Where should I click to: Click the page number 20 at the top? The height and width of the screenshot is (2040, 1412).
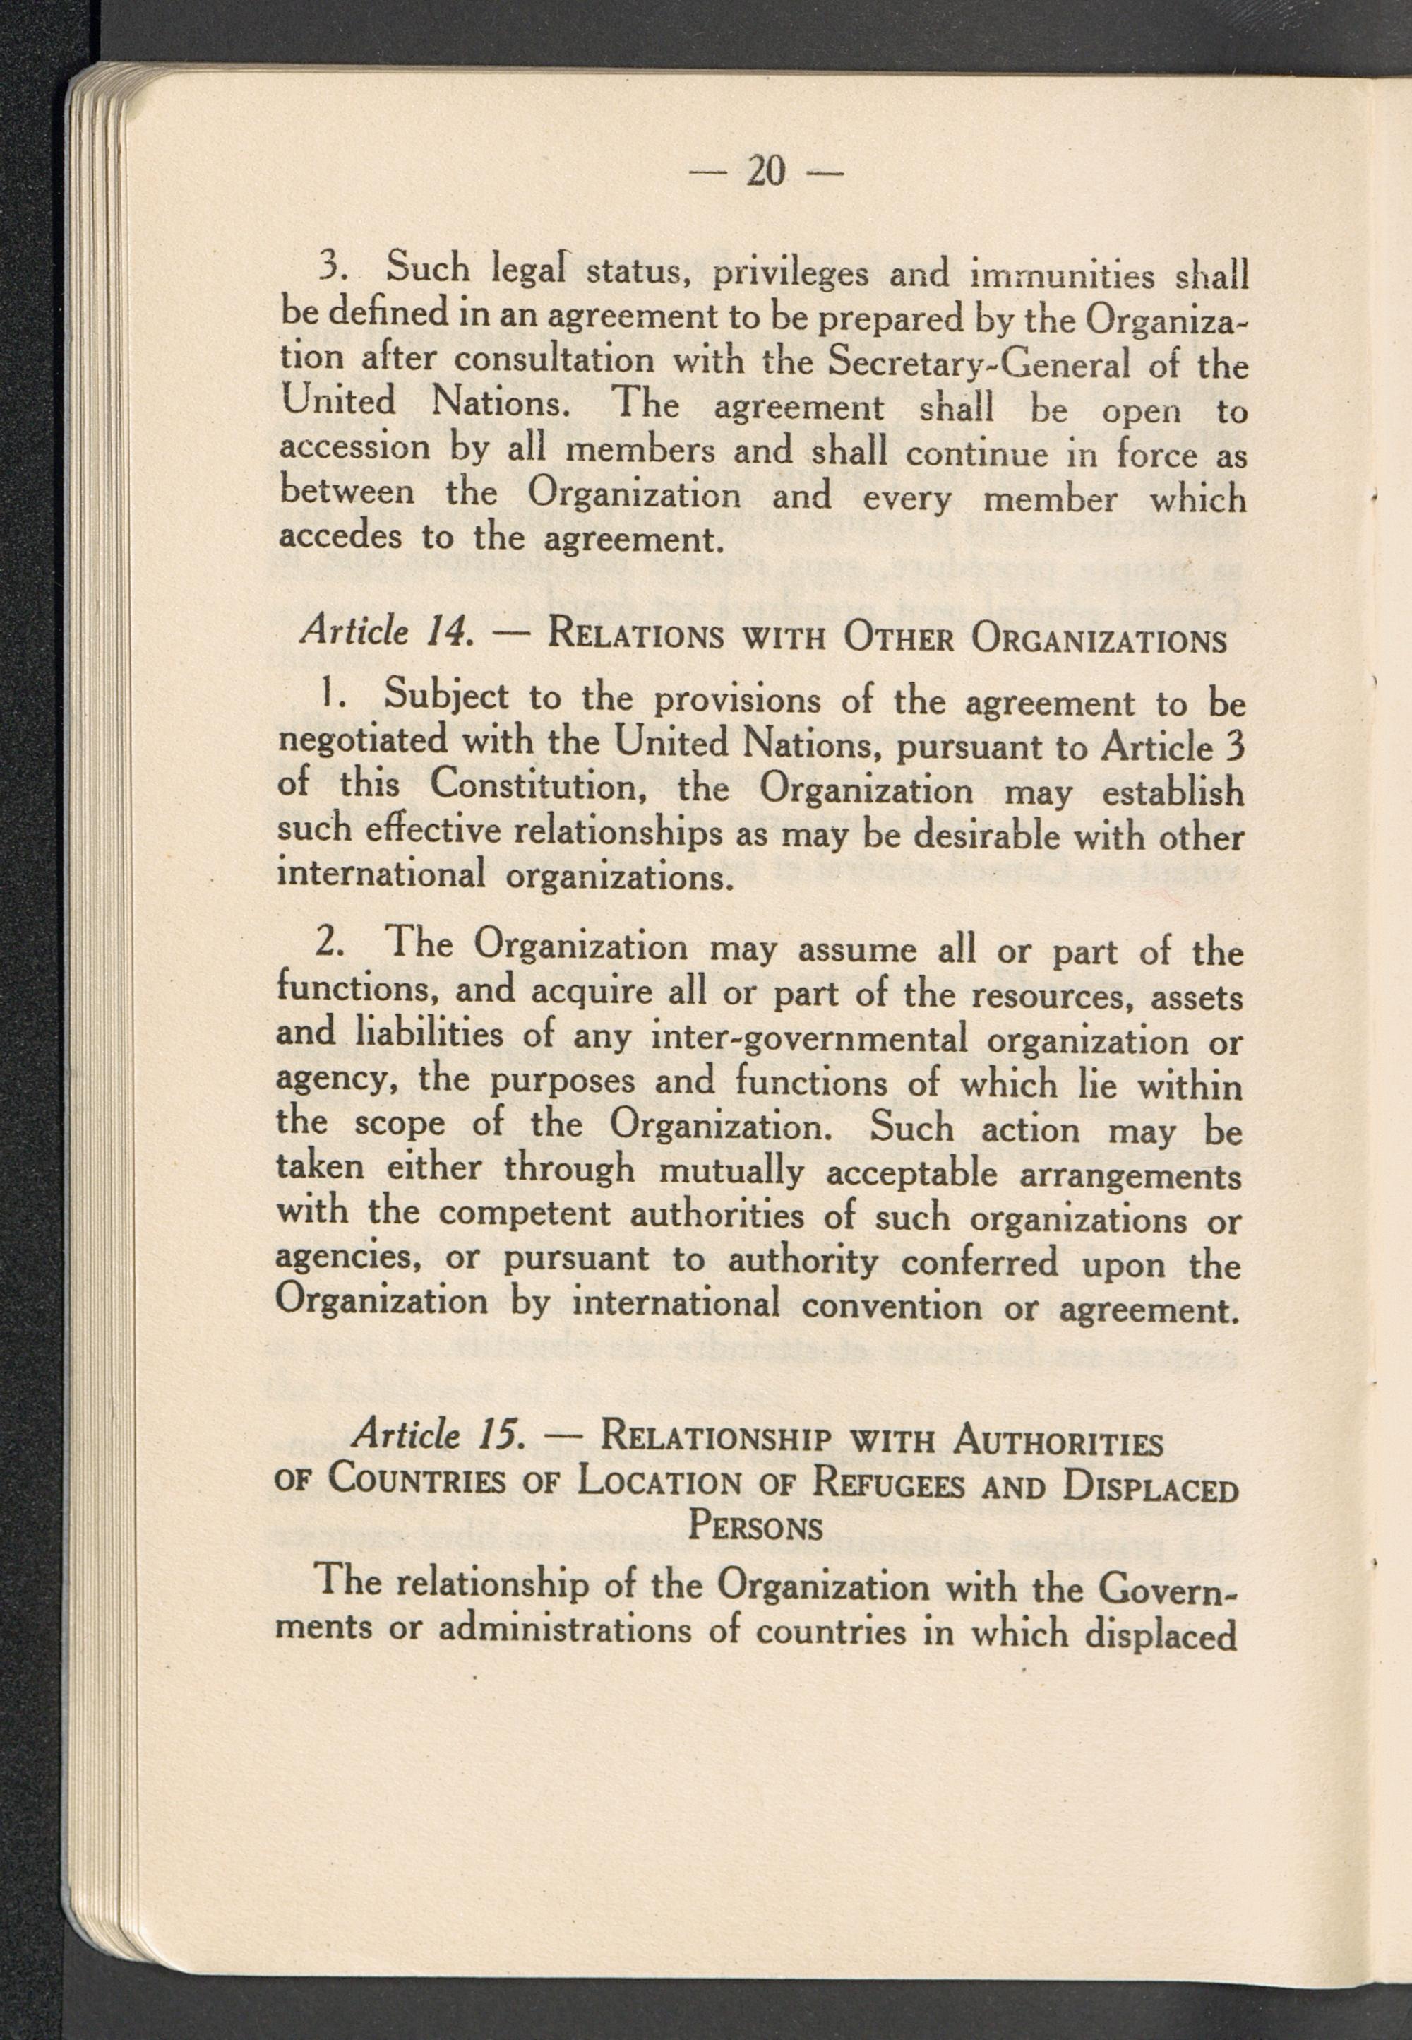(765, 172)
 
